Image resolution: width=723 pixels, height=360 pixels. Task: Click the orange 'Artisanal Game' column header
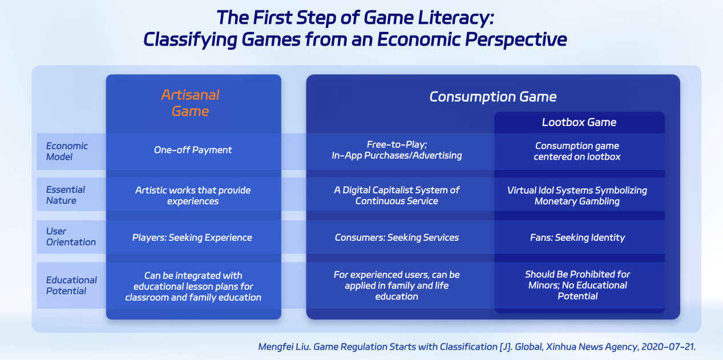[190, 103]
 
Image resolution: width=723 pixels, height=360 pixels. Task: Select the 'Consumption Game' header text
[492, 96]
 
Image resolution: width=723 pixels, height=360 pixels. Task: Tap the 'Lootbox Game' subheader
[579, 122]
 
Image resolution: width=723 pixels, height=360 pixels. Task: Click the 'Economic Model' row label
[67, 151]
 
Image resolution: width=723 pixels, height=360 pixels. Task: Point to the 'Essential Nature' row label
[65, 195]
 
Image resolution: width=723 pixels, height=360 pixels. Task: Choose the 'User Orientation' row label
[71, 237]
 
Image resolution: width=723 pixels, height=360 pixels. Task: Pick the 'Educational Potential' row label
[71, 285]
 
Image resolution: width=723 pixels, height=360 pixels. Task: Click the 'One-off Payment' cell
[193, 150]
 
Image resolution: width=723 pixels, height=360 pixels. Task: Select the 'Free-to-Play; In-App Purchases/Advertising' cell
[397, 150]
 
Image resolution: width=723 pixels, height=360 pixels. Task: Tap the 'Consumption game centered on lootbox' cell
[577, 151]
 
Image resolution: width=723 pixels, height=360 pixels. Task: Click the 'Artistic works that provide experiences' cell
[193, 196]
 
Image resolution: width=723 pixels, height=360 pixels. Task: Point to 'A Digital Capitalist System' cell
[397, 195]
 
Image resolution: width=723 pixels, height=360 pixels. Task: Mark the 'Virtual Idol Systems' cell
[577, 195]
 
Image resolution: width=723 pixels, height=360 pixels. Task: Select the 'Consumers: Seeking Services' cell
[397, 237]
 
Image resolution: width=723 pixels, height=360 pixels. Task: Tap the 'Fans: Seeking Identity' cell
[577, 237]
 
